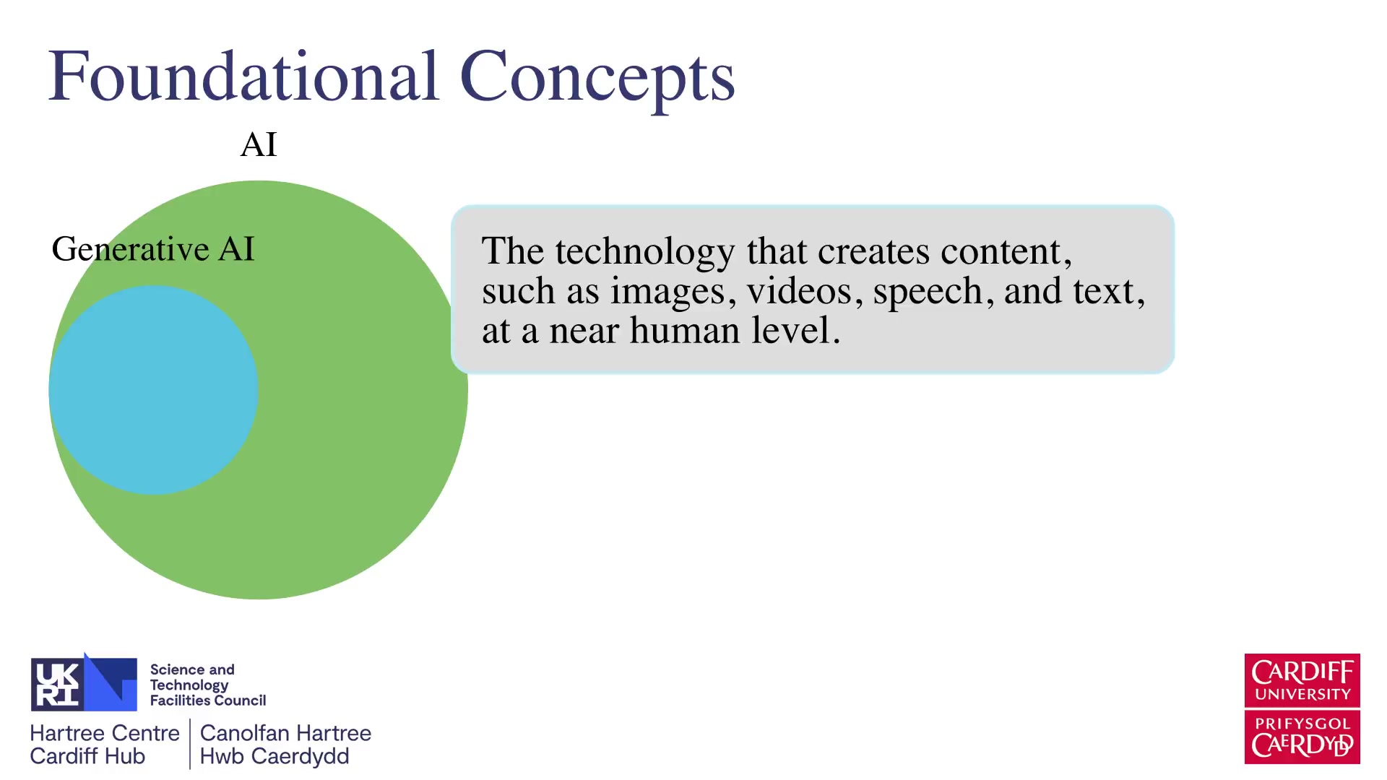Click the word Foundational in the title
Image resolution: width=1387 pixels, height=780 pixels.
[x=243, y=76]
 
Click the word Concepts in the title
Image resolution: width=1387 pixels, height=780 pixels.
[x=597, y=79]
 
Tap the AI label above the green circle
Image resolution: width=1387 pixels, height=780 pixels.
[x=259, y=144]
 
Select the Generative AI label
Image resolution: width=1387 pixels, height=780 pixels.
[x=153, y=249]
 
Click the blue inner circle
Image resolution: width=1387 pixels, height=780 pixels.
[x=153, y=390]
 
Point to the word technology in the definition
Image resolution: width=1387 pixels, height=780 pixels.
[x=644, y=252]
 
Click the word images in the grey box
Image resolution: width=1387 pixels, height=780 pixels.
[x=667, y=292]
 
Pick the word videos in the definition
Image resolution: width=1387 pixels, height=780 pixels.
[x=799, y=291]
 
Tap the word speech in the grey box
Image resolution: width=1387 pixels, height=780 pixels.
[x=928, y=292]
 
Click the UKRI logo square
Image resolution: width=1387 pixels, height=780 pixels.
[x=84, y=683]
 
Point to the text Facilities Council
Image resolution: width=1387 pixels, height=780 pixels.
[x=208, y=701]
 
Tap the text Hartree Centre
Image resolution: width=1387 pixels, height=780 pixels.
[x=105, y=733]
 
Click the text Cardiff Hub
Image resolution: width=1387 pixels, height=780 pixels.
[x=87, y=756]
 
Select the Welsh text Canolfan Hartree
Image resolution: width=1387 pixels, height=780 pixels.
[x=285, y=733]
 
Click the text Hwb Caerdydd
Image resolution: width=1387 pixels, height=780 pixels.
[x=275, y=756]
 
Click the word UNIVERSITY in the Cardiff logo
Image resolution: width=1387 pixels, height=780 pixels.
[x=1302, y=694]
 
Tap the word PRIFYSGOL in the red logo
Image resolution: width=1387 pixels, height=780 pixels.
[x=1302, y=724]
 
